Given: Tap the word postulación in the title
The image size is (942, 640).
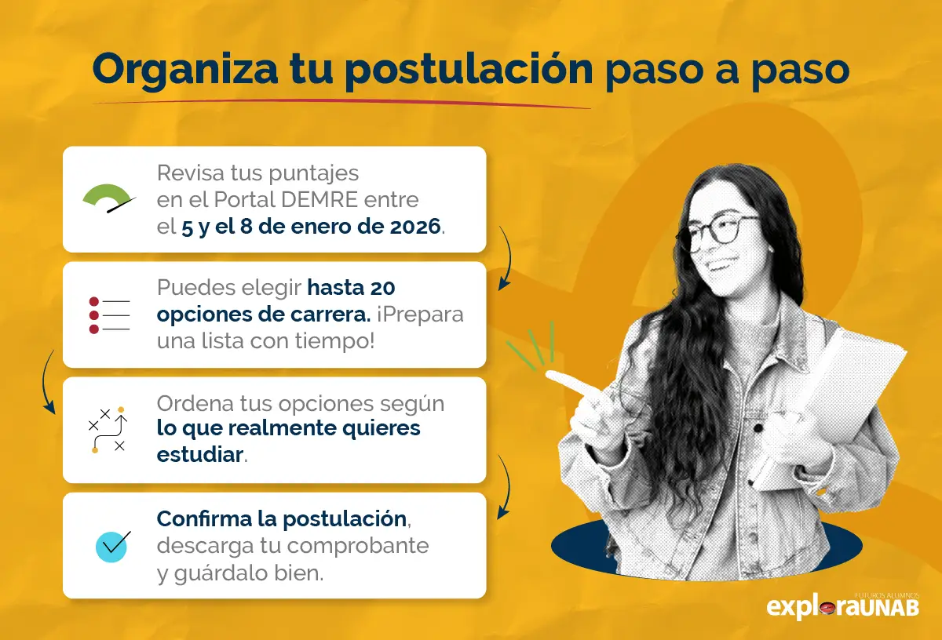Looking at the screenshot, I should (x=469, y=71).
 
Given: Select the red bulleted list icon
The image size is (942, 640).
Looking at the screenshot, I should (x=108, y=315).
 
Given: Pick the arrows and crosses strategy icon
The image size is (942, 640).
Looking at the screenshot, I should (x=108, y=430).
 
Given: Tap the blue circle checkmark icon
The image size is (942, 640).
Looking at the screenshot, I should (x=111, y=545).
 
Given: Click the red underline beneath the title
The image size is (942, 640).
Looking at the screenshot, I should (x=341, y=102).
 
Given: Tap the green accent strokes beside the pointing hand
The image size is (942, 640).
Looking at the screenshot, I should (x=534, y=345).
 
